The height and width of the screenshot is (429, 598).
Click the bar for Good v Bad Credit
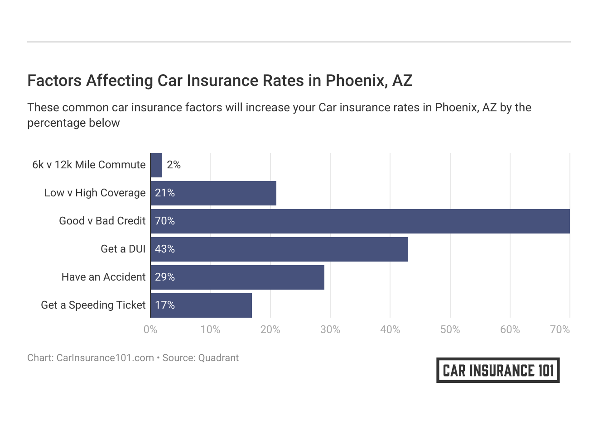click(360, 221)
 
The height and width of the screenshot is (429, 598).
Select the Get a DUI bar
click(279, 249)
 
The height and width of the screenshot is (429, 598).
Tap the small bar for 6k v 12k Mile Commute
click(156, 165)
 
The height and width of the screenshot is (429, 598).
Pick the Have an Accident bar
click(237, 277)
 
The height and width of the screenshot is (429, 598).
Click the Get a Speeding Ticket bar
click(201, 305)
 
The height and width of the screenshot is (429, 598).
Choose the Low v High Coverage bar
click(213, 193)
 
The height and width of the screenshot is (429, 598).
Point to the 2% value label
click(174, 165)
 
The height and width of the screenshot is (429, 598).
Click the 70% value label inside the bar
click(165, 221)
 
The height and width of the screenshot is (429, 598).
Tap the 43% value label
click(165, 249)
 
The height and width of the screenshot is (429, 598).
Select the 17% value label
click(165, 305)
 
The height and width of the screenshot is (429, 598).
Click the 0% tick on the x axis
click(150, 330)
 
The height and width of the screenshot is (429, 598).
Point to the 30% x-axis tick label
click(330, 330)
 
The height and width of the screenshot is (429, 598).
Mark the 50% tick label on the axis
click(450, 330)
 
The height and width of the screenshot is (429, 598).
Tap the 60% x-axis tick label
click(510, 330)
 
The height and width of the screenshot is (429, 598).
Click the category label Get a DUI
click(123, 249)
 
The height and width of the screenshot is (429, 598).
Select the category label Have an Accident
click(103, 277)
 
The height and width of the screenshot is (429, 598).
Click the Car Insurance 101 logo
click(498, 370)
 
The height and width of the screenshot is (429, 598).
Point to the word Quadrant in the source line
click(218, 358)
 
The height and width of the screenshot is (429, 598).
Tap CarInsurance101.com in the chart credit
click(105, 358)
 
